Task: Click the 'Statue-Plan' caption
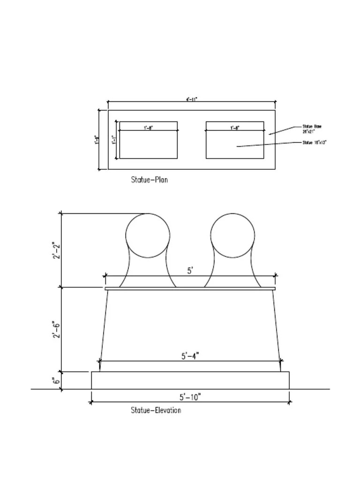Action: pos(149,180)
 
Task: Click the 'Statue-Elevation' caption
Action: pos(156,411)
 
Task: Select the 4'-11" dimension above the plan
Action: pos(191,99)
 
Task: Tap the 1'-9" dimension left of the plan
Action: pos(96,140)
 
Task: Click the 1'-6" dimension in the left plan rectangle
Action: pos(148,127)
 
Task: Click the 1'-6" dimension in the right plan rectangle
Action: pos(235,127)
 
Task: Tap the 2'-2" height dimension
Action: pos(55,250)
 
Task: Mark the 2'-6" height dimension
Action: pos(55,329)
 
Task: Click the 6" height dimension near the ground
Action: pos(56,381)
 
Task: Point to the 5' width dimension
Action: pos(190,270)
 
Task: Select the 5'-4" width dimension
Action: pos(190,356)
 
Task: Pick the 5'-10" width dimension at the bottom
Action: pos(190,397)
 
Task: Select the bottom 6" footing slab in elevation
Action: pos(190,380)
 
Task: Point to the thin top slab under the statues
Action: pos(190,289)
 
